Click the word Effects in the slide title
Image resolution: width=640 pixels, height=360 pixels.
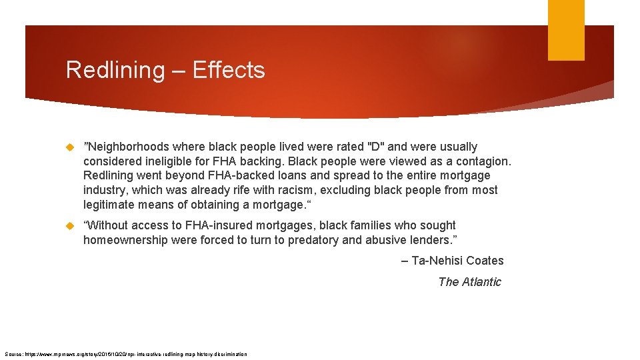pos(229,70)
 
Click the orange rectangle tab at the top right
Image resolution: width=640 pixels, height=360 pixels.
pos(566,30)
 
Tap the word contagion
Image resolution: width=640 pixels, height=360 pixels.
pos(483,161)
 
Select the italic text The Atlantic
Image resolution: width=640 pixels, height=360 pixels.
pos(469,282)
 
